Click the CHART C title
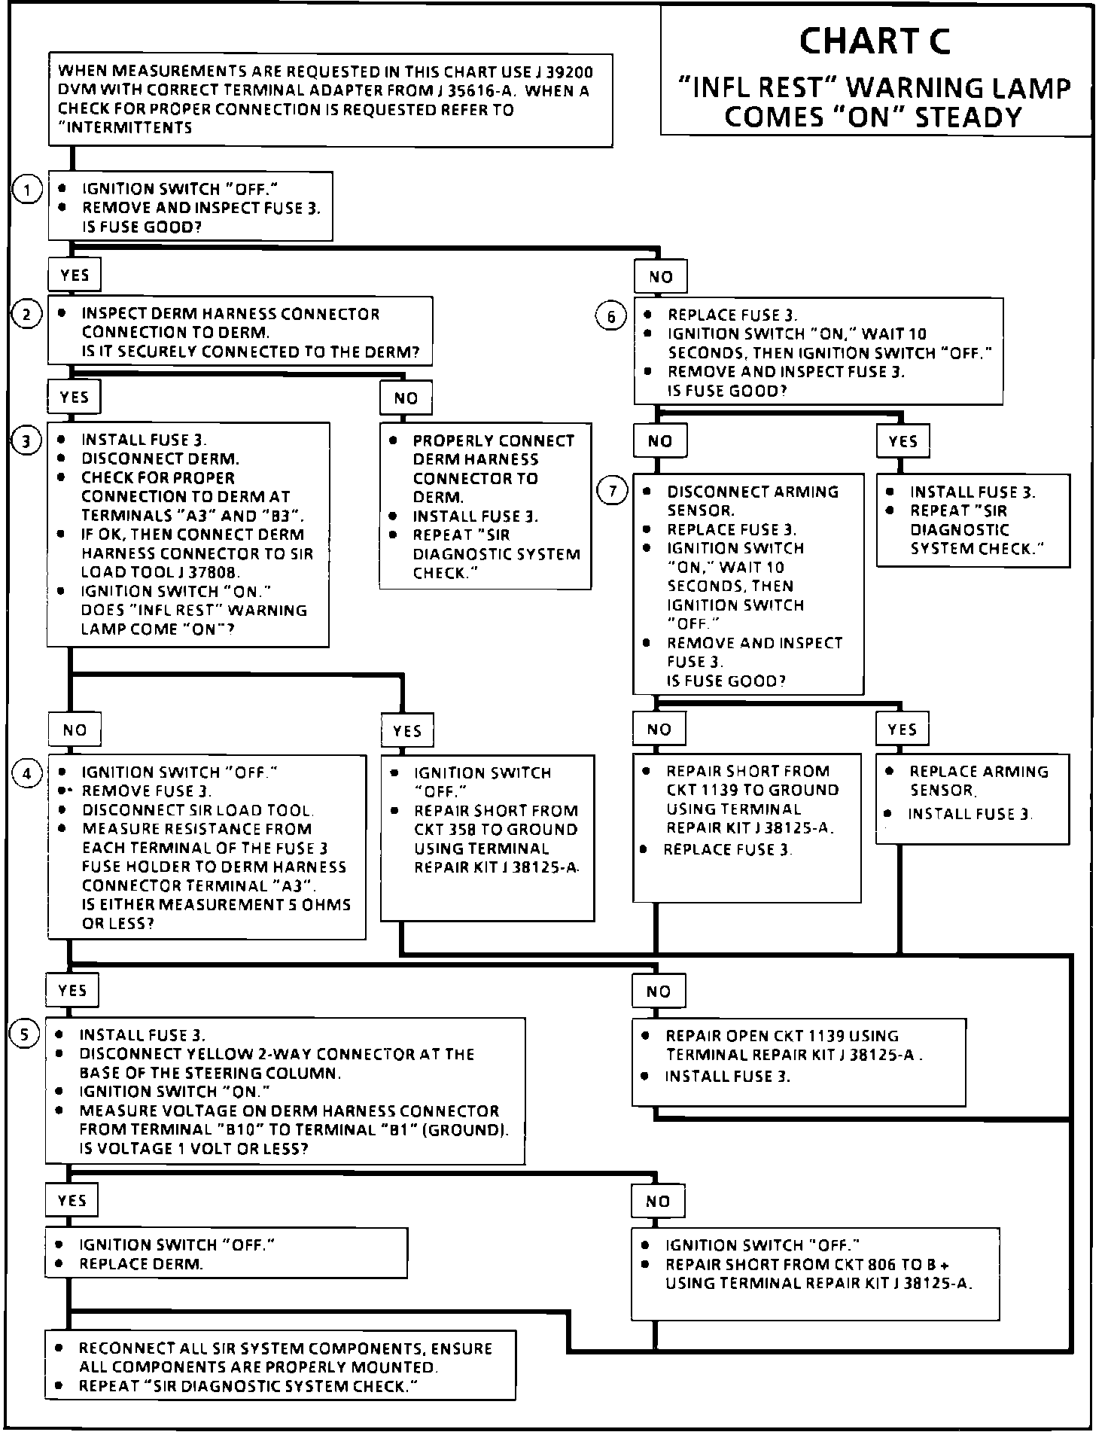pos(875,41)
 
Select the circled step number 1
pos(27,190)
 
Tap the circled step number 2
pos(26,314)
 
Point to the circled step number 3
pos(26,440)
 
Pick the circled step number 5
pos(24,1035)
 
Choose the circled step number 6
pos(611,316)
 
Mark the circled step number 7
pos(613,492)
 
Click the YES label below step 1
pos(75,276)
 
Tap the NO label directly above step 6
pos(661,277)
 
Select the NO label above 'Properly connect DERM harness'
pos(406,398)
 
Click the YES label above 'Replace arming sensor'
pos(902,730)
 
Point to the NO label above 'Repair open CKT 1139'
pos(659,992)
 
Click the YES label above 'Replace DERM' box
pos(72,1201)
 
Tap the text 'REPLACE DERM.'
pos(141,1264)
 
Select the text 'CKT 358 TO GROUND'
pos(496,830)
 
